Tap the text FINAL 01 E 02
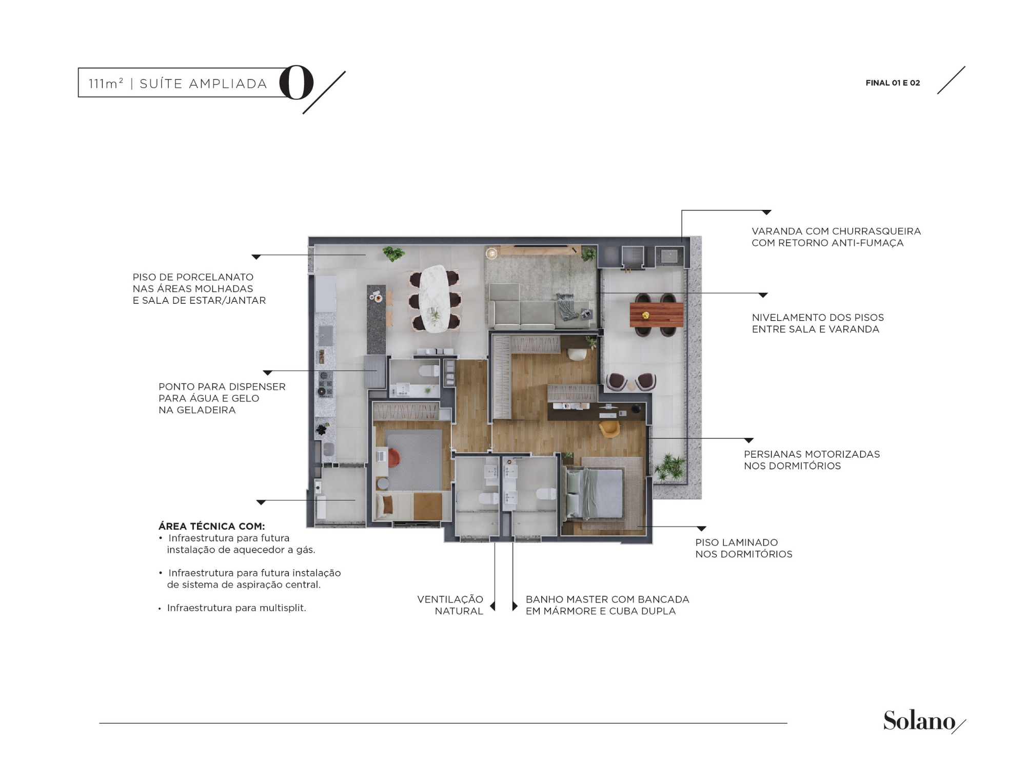(x=893, y=83)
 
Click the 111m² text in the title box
(x=106, y=83)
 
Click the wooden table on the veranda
(x=656, y=315)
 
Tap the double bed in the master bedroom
(x=595, y=493)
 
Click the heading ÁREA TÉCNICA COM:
(x=211, y=526)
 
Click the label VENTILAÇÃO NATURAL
(x=450, y=605)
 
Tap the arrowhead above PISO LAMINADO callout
(x=701, y=529)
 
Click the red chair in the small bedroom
(x=393, y=458)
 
